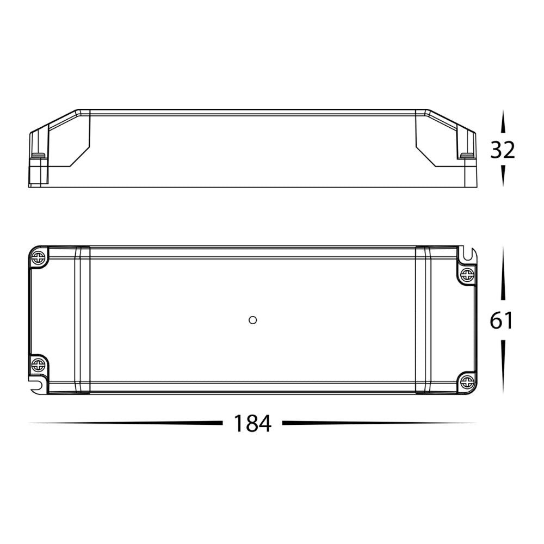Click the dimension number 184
tap(252, 423)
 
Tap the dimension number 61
tap(502, 320)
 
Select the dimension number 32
tap(502, 150)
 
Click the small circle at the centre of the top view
tap(252, 320)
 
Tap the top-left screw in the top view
tap(38, 257)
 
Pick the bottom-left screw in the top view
tap(38, 364)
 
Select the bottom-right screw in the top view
tap(467, 382)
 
